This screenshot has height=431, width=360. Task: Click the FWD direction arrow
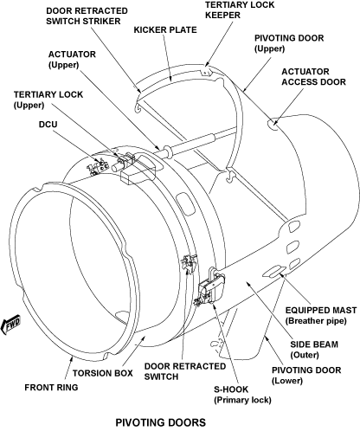(x=11, y=325)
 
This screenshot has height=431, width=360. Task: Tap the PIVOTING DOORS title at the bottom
(x=161, y=422)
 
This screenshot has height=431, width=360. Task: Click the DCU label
(x=48, y=125)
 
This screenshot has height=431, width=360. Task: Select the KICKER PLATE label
(x=165, y=30)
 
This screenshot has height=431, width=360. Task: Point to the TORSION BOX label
(x=103, y=373)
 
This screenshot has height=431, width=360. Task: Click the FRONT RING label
(x=51, y=387)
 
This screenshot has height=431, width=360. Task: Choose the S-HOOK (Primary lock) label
(x=242, y=395)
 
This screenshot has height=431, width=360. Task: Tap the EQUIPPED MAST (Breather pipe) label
(x=321, y=315)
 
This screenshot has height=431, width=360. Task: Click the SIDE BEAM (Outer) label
(x=314, y=350)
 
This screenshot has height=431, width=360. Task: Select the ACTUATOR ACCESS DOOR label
(x=313, y=77)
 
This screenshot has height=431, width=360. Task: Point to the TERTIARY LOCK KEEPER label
(x=240, y=10)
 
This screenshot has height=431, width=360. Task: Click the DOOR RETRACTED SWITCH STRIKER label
(x=87, y=16)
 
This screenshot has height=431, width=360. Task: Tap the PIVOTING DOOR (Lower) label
(x=306, y=375)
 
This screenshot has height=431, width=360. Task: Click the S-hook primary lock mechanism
(x=211, y=287)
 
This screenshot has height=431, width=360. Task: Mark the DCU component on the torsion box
(x=98, y=168)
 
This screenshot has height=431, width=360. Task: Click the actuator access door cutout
(x=273, y=124)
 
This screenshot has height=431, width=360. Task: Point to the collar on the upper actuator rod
(x=168, y=151)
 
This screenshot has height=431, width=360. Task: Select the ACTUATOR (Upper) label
(x=72, y=60)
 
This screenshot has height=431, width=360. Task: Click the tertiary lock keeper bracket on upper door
(x=205, y=71)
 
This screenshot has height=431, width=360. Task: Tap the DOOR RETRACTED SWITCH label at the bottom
(x=185, y=371)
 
